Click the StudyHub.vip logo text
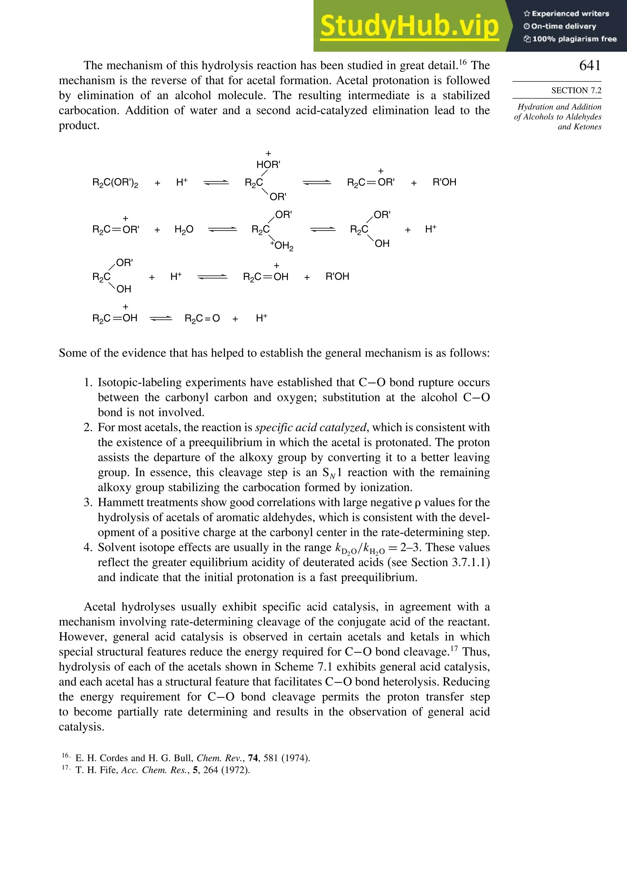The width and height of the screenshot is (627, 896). coord(409,26)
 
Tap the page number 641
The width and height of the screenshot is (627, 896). coord(590,66)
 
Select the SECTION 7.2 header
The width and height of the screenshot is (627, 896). coord(576,91)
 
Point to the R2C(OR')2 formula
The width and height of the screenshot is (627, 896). coord(115,183)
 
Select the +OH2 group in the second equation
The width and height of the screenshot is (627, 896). coord(282,246)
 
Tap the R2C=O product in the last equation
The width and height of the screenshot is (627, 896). coord(202,319)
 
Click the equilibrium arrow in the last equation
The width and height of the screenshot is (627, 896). coord(161,319)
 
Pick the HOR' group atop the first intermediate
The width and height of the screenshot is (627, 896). coord(268,165)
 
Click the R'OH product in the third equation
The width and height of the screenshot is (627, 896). coord(337,277)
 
